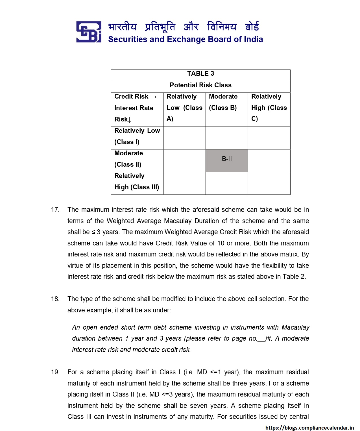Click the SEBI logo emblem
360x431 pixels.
(89, 32)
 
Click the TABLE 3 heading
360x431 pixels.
(200, 74)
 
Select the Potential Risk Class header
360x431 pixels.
(200, 85)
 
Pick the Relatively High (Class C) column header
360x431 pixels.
(269, 108)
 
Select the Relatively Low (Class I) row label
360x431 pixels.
(137, 136)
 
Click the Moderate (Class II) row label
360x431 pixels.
(129, 159)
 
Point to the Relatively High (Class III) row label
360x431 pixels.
(137, 181)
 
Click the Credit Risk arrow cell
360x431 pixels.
(136, 97)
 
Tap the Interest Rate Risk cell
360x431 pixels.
(134, 114)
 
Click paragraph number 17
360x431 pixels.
(55, 210)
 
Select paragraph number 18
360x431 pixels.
(55, 299)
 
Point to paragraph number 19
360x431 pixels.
(55, 372)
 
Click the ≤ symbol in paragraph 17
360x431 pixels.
(93, 232)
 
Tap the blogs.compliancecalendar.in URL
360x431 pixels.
(309, 428)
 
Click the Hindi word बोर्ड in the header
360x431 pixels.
(252, 27)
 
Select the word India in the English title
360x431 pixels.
(253, 39)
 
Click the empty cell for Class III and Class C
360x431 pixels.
(269, 183)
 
